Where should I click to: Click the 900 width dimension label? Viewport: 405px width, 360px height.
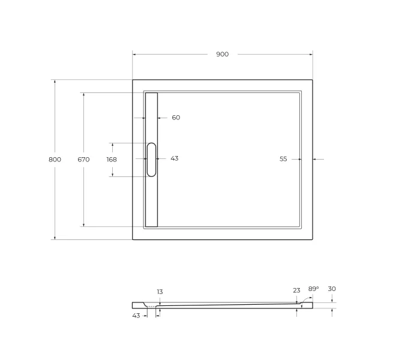click(222, 55)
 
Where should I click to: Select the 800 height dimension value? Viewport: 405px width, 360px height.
click(55, 160)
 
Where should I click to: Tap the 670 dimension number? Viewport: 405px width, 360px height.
click(83, 160)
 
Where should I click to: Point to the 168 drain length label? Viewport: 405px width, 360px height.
click(112, 160)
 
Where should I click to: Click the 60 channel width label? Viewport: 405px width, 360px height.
click(176, 118)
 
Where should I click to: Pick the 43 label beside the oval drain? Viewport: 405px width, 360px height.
click(175, 158)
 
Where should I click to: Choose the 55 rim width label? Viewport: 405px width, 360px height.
click(283, 159)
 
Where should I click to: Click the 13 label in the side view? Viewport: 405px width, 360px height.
click(160, 292)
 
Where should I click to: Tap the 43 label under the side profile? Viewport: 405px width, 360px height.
click(136, 316)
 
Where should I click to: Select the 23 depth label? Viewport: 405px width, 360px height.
click(296, 290)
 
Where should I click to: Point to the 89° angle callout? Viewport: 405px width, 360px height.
click(313, 289)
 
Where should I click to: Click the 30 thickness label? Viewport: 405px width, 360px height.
click(332, 289)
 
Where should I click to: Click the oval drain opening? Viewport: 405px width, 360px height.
click(151, 160)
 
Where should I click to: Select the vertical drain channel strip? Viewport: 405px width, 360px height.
click(151, 198)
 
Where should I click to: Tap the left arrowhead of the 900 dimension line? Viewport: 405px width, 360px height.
click(135, 55)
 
